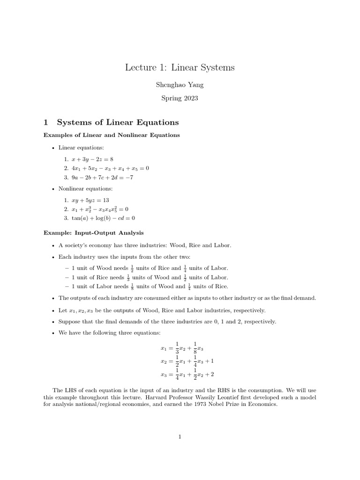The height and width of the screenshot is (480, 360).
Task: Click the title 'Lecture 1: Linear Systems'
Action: click(180, 67)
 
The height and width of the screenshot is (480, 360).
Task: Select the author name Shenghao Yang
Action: click(180, 86)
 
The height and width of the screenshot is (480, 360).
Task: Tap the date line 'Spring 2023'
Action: click(180, 98)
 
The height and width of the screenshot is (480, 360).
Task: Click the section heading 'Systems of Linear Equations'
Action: click(118, 122)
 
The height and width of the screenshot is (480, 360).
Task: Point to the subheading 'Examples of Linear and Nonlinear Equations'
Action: click(112, 135)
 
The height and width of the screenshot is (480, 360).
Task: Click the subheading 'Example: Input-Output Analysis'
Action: click(94, 232)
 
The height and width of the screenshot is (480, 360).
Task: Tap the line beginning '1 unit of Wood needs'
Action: click(150, 268)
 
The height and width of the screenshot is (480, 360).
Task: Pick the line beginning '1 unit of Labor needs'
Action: click(150, 286)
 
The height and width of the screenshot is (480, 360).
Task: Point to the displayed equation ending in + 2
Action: click(187, 375)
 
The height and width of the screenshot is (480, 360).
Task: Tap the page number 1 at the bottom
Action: click(180, 437)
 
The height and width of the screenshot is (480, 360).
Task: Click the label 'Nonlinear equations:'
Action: click(85, 189)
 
